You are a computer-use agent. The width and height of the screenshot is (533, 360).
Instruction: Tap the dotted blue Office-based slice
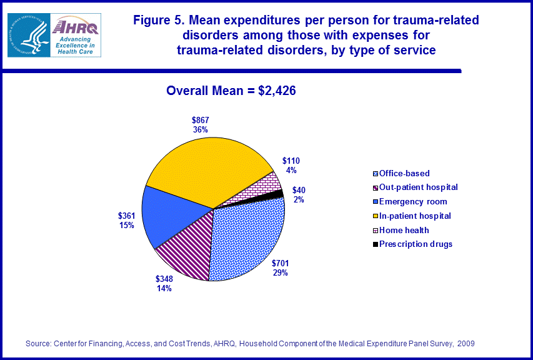(247, 241)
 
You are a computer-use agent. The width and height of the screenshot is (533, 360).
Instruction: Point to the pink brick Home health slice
(263, 185)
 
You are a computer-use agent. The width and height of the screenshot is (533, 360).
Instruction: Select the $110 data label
(291, 165)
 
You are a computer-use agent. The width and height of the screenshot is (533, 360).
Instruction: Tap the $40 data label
(299, 194)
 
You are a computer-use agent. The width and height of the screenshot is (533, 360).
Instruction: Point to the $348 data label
(164, 284)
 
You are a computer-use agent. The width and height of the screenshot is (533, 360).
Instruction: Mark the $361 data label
(127, 220)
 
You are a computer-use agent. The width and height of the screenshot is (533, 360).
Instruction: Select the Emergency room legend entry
(410, 201)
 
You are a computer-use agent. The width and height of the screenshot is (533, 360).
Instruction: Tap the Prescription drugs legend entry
(412, 244)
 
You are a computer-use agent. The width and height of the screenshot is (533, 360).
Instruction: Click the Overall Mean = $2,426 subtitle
(231, 91)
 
